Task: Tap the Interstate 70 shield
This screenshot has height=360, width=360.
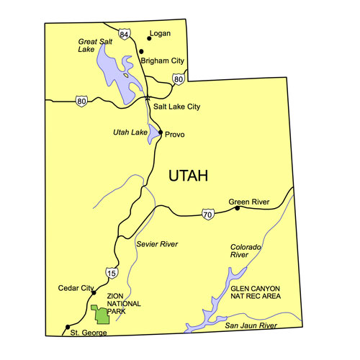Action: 208,215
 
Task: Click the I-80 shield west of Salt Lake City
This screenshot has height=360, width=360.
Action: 81,102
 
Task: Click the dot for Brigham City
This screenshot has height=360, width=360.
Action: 141,51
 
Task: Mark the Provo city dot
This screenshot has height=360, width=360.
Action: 160,133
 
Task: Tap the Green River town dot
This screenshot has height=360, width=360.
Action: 237,209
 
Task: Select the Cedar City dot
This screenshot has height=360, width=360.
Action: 93,292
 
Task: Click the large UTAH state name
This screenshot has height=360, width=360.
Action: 188,176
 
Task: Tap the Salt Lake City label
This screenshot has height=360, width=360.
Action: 176,107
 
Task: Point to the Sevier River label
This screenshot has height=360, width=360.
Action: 156,245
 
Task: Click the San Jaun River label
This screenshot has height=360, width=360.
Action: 251,326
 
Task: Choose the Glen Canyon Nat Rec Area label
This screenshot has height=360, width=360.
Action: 255,292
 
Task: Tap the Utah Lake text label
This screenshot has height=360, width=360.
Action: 130,132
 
